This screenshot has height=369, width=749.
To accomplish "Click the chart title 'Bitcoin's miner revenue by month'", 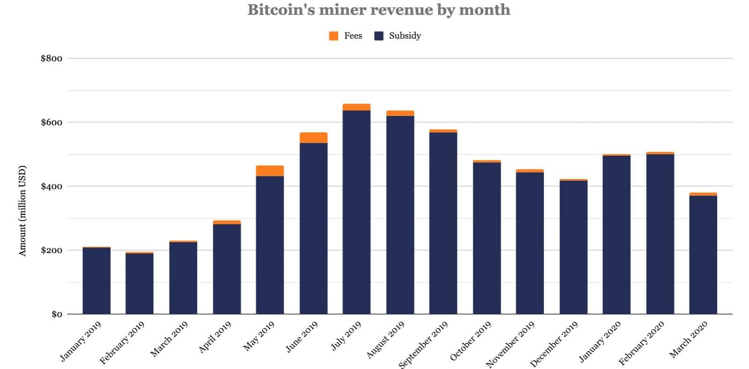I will click(379, 10).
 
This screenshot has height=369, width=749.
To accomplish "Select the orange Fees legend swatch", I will click(333, 36).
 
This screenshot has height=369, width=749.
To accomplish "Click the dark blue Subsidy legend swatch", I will click(379, 36).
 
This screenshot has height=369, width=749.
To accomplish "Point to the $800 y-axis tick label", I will click(51, 58).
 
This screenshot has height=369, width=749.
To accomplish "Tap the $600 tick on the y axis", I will click(51, 123).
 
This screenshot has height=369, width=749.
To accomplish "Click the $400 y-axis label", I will click(51, 187).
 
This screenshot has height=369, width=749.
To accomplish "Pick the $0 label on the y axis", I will click(57, 314).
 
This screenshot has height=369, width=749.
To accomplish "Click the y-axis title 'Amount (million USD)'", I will click(22, 210).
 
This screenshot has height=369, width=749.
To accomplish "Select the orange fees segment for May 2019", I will click(270, 171).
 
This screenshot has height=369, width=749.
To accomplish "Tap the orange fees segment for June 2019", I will click(313, 137).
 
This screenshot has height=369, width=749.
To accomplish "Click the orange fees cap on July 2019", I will click(356, 107).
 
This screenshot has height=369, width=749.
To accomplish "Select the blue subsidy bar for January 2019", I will click(96, 281).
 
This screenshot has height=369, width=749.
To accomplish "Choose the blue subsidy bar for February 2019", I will click(140, 283).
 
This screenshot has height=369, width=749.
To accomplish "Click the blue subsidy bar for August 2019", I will click(400, 215).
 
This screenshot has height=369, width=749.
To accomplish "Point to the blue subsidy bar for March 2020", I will click(703, 255).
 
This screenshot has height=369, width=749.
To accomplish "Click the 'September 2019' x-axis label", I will click(423, 345).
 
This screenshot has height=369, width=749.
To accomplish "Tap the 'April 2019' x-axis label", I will click(215, 337).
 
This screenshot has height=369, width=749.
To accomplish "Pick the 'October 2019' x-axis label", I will click(470, 341).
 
